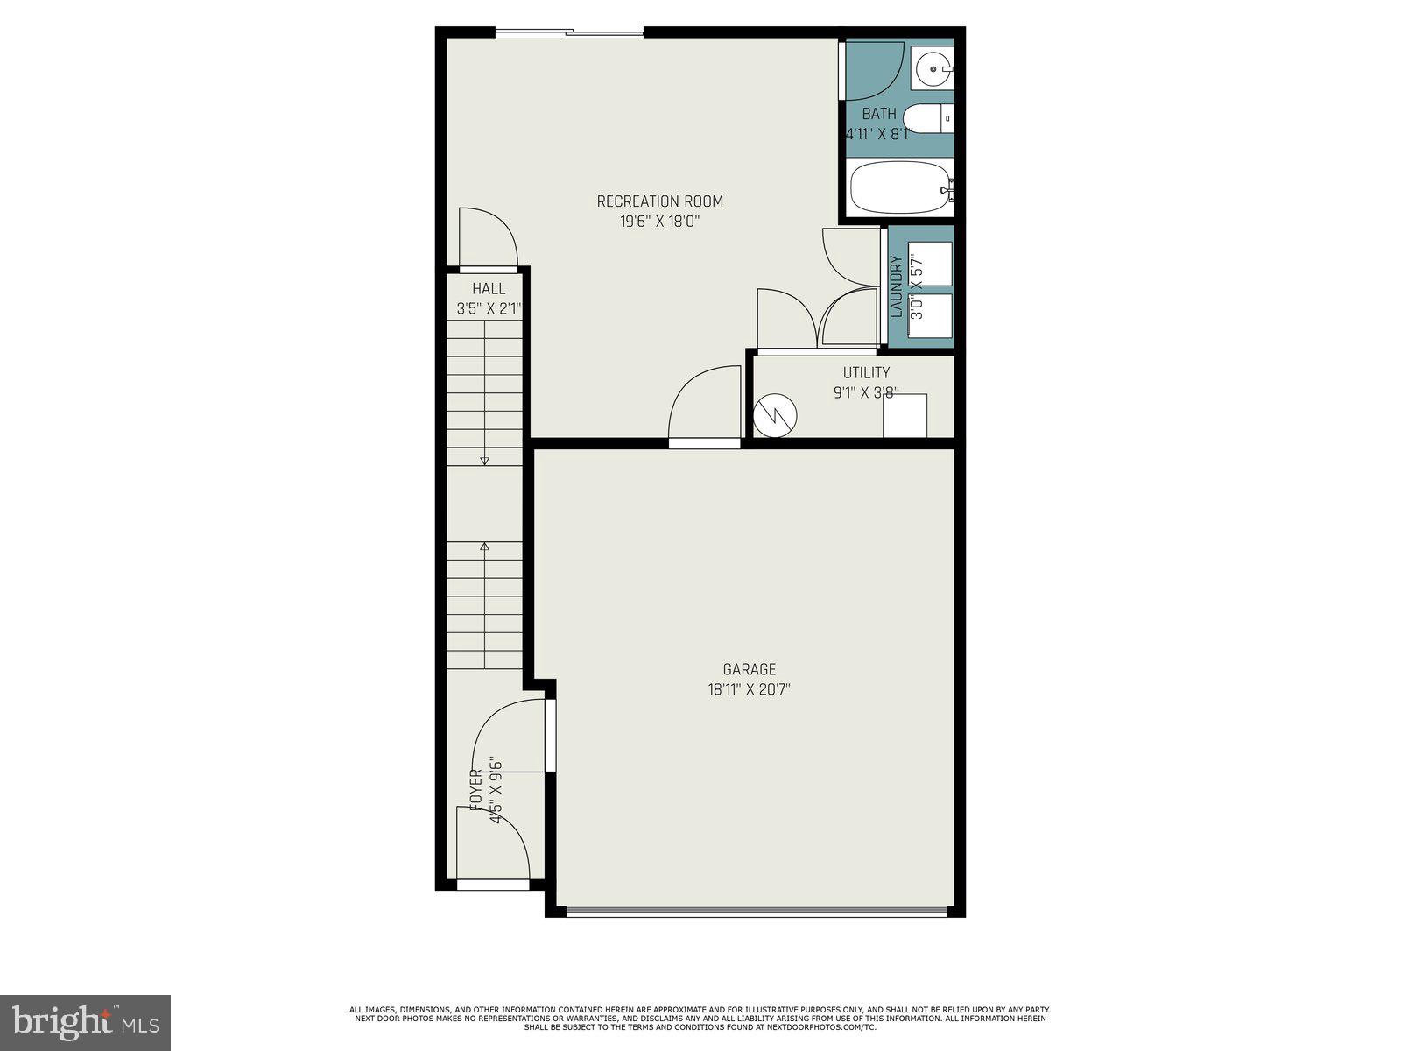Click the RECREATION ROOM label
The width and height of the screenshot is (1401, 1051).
660,201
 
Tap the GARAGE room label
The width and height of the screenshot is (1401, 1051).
750,670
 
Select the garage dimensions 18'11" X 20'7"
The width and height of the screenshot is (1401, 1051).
750,689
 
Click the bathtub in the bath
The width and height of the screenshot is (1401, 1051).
900,187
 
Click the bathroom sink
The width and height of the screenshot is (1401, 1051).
933,67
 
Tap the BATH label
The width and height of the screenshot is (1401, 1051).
879,114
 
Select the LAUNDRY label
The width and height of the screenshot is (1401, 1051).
896,286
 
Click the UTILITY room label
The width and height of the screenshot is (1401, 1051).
866,372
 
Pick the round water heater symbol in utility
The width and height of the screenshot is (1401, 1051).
775,415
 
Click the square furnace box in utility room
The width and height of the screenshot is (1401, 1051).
905,415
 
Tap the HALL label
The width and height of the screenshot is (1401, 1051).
489,288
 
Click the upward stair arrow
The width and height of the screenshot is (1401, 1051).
484,547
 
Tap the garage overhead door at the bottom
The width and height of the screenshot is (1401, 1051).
757,912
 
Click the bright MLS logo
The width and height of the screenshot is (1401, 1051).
86,1022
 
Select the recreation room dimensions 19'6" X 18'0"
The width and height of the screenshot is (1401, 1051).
660,222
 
